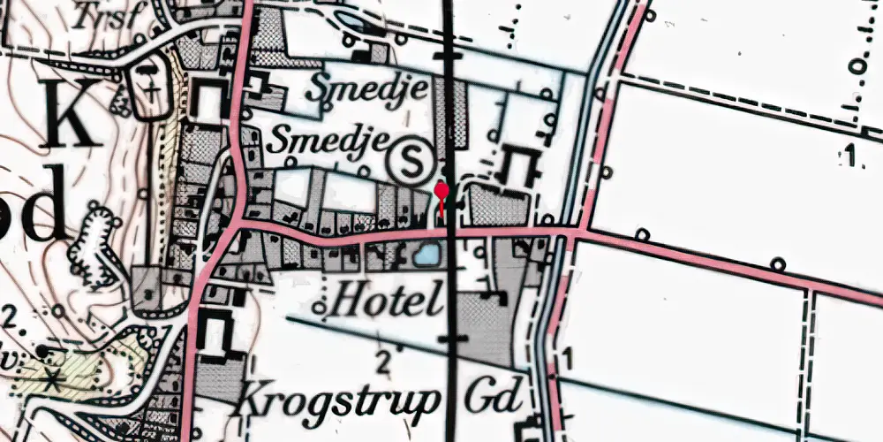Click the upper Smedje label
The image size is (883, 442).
tap(370, 89)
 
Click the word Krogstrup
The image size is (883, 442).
tap(337, 400)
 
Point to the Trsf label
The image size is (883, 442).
tap(98, 15)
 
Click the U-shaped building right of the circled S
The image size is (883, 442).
tap(519, 165)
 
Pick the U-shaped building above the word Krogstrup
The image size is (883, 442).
tap(215, 333)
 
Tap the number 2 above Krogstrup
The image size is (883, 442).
tap(382, 361)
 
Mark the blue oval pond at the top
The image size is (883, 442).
tap(351, 20)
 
